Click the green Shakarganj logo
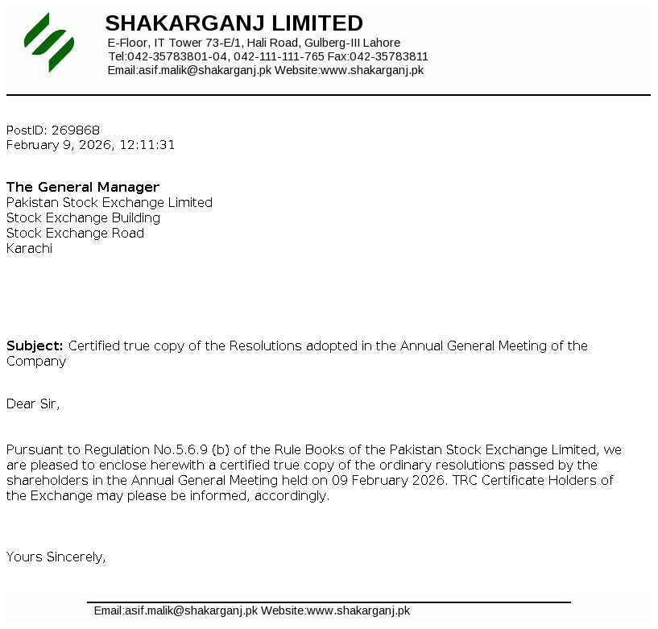pyautogui.click(x=49, y=42)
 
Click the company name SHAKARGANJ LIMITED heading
pyautogui.click(x=234, y=23)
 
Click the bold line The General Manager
pyautogui.click(x=83, y=188)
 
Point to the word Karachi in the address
pyautogui.click(x=29, y=249)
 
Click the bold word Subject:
pyautogui.click(x=35, y=346)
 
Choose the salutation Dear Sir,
pyautogui.click(x=33, y=404)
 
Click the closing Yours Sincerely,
pyautogui.click(x=56, y=557)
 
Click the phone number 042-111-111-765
pyautogui.click(x=279, y=56)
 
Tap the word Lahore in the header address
pyautogui.click(x=381, y=43)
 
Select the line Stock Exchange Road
pyautogui.click(x=75, y=234)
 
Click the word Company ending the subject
pyautogui.click(x=36, y=362)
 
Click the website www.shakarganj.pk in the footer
pyautogui.click(x=358, y=610)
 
